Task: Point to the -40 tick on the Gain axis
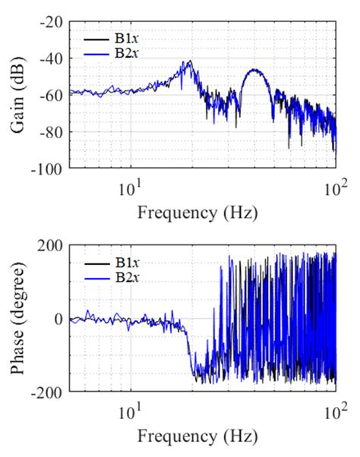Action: point(51,58)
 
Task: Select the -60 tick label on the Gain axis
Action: point(51,94)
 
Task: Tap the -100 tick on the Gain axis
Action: point(48,166)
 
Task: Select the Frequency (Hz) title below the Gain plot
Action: point(197,212)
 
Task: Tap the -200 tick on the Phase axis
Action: point(48,392)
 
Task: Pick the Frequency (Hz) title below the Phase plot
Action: point(197,438)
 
